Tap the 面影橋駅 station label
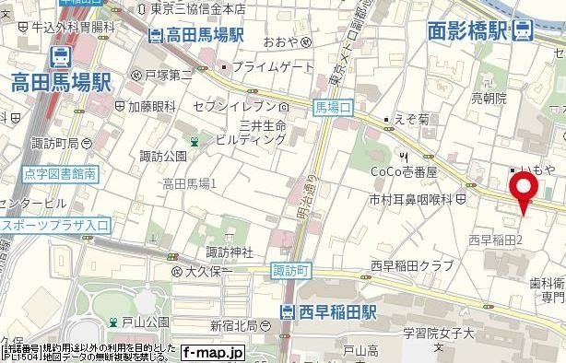click(468, 31)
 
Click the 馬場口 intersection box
click(333, 108)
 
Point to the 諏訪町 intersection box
click(292, 271)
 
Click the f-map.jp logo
click(212, 352)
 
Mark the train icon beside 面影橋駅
click(525, 30)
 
